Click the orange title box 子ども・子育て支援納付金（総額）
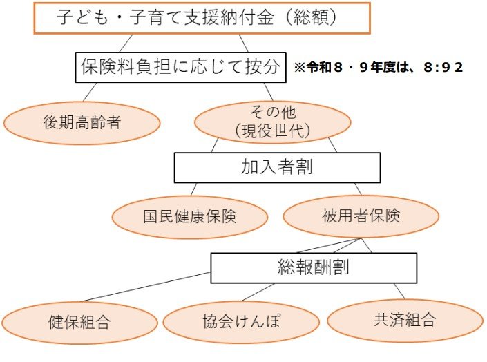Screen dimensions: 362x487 coord(202,19)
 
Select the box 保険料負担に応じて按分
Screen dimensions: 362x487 coord(180,67)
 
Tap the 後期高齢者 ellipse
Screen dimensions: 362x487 coord(82,124)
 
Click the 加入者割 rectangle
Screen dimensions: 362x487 coord(276,167)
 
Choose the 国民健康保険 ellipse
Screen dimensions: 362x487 coord(190,216)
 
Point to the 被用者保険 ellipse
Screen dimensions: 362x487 coord(361,216)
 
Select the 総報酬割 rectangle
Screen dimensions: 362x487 coord(313,267)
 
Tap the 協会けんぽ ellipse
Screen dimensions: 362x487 coord(241,322)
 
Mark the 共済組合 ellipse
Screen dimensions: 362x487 coord(405,320)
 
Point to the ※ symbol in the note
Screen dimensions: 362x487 coord(299,68)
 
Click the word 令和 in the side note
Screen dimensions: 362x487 coord(316,68)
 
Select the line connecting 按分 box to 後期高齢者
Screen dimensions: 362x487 coord(90,93)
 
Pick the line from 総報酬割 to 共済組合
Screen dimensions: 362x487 coord(399,291)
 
